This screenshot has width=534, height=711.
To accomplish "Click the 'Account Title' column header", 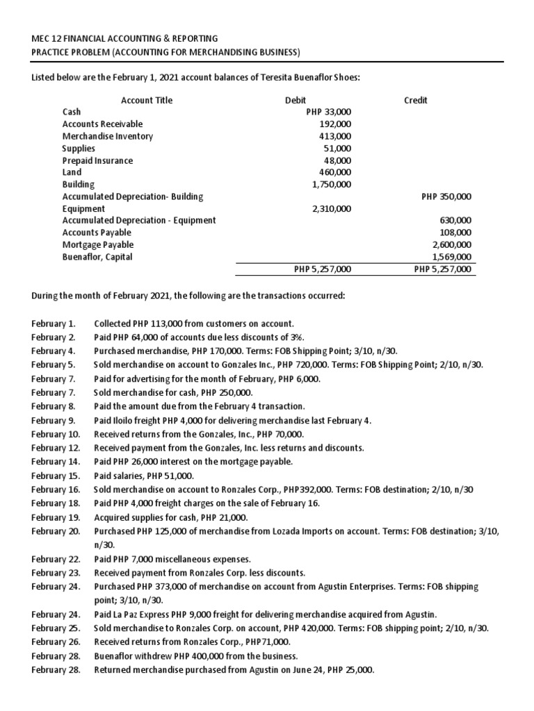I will (x=147, y=100).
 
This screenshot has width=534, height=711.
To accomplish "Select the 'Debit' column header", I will (x=296, y=100).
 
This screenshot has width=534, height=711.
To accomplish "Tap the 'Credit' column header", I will (x=415, y=100).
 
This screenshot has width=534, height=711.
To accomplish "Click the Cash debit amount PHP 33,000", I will (x=328, y=112).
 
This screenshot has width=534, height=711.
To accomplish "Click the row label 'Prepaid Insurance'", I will (x=97, y=160).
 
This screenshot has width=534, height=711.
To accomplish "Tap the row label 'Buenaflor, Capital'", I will (x=97, y=257).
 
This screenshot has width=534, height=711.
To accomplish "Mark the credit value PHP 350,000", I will (x=446, y=196).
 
